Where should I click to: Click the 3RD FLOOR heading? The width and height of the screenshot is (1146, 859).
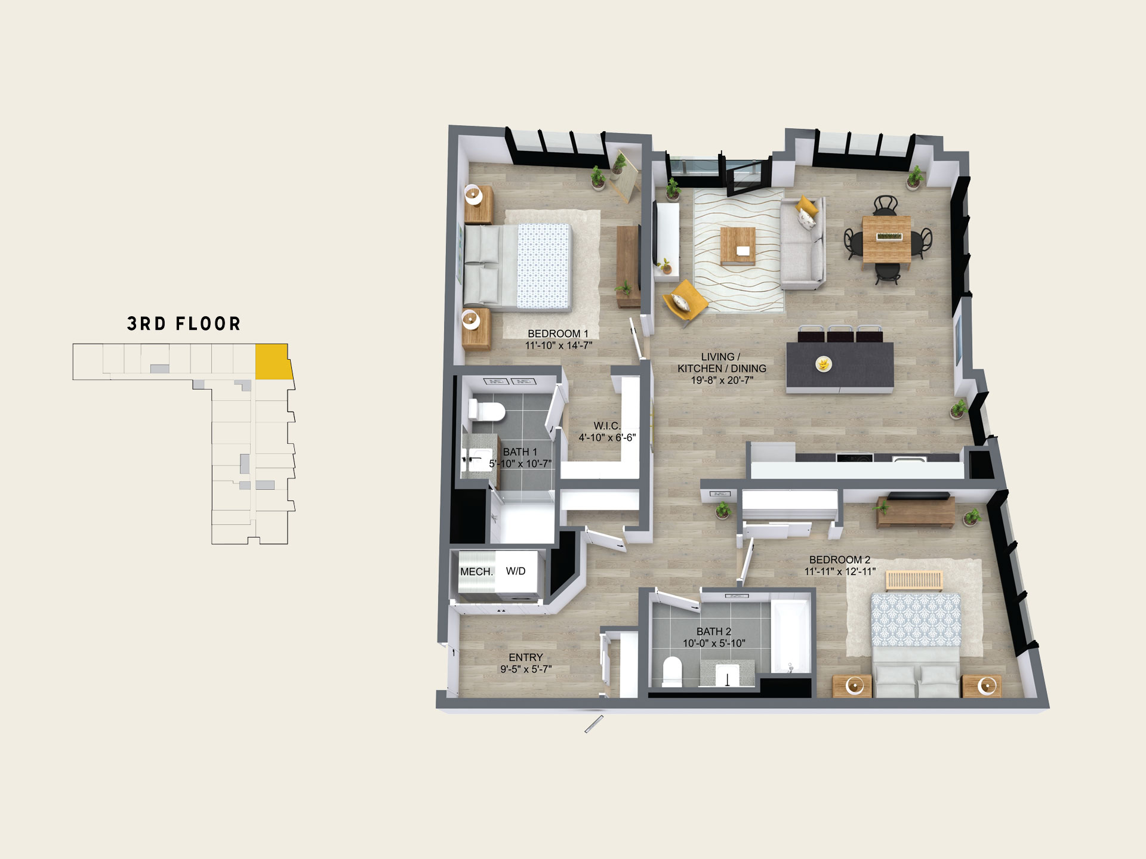point(184,324)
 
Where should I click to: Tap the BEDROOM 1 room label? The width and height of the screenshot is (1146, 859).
point(558,333)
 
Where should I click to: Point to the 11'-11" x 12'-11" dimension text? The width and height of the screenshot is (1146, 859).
point(840,571)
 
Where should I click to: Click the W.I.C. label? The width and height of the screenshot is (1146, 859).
point(607,425)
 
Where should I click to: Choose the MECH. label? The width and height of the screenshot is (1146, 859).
point(477,571)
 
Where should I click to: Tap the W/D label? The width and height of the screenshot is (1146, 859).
point(516,571)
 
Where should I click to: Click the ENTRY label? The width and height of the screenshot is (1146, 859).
point(526,657)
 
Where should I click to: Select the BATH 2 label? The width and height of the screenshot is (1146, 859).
point(714,631)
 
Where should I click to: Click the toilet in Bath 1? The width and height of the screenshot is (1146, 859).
point(486,410)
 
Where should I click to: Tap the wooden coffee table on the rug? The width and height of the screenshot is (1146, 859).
point(738,246)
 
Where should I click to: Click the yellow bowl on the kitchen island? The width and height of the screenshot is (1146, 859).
point(824,363)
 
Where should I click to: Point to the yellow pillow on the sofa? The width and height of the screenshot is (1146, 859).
point(806,206)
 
